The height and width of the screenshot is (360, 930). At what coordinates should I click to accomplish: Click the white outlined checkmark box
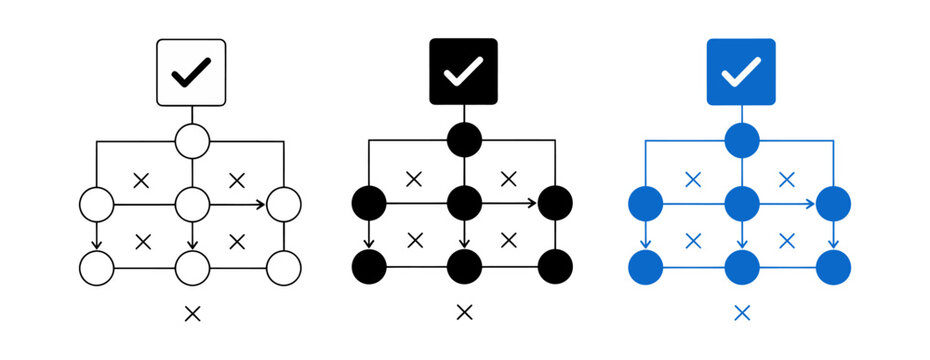click(x=192, y=72)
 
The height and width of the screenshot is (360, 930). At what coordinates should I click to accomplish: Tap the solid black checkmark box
click(x=463, y=72)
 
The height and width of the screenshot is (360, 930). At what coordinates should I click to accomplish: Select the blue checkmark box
click(x=741, y=72)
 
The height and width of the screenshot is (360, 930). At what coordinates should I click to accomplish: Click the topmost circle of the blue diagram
click(x=741, y=141)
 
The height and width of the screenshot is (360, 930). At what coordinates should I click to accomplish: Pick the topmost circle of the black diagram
click(x=463, y=141)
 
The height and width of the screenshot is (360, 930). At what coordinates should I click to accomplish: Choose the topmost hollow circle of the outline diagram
click(x=192, y=141)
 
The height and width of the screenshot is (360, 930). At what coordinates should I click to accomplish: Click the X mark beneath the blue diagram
click(x=741, y=313)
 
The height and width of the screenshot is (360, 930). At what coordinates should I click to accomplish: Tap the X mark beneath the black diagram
click(x=463, y=313)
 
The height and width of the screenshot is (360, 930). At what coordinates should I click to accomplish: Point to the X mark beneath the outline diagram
click(x=192, y=313)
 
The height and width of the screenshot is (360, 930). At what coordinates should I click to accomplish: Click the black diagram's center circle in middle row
click(x=463, y=204)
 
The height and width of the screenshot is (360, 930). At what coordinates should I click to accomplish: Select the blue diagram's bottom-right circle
click(x=834, y=268)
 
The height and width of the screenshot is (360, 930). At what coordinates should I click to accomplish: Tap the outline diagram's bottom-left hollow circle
click(x=97, y=268)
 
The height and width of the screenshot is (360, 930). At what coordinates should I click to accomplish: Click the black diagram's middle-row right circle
click(x=556, y=204)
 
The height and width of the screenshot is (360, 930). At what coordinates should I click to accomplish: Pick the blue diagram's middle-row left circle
click(x=646, y=204)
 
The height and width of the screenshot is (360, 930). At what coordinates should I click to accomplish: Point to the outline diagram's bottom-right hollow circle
click(x=284, y=268)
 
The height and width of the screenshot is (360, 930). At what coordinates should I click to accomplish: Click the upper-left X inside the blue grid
click(x=692, y=180)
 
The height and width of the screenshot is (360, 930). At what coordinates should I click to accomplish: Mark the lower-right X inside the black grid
click(x=509, y=240)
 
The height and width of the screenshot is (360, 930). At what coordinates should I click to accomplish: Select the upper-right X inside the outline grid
click(x=237, y=180)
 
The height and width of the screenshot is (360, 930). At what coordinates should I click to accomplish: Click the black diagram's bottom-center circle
click(x=463, y=268)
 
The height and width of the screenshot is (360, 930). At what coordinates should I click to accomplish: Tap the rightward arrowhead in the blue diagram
click(x=811, y=204)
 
